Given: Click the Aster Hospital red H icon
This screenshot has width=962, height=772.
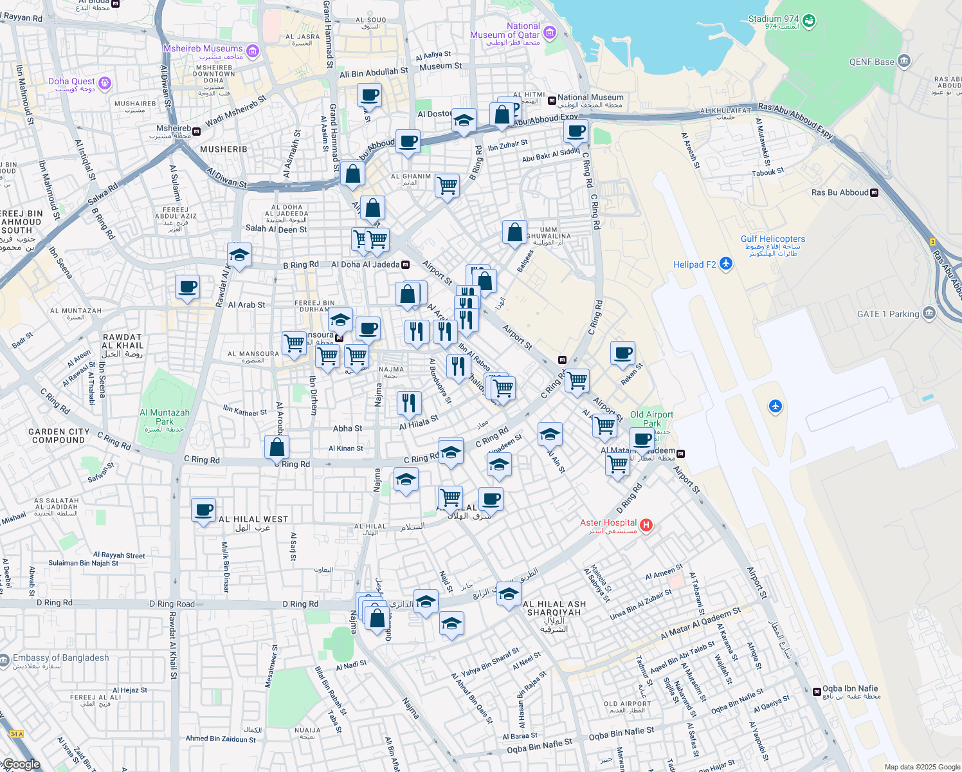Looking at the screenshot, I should pyautogui.click(x=646, y=526).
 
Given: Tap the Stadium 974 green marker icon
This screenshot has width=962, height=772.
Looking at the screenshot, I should pyautogui.click(x=809, y=21).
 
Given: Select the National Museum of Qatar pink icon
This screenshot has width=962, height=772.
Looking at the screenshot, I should pyautogui.click(x=549, y=32).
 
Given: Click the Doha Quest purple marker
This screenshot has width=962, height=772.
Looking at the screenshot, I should pyautogui.click(x=105, y=83).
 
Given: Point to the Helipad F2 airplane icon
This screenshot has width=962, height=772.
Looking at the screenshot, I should pyautogui.click(x=726, y=264).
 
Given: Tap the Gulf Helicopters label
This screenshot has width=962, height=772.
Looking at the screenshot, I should pyautogui.click(x=772, y=239).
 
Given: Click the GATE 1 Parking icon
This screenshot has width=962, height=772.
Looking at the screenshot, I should pyautogui.click(x=929, y=313).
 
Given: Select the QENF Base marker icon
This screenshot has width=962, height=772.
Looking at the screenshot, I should pyautogui.click(x=904, y=61).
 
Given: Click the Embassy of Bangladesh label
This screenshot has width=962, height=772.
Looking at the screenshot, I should pyautogui.click(x=61, y=657).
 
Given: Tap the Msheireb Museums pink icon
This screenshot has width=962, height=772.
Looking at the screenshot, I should pyautogui.click(x=253, y=51).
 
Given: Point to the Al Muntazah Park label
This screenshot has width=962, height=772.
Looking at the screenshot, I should pyautogui.click(x=165, y=417).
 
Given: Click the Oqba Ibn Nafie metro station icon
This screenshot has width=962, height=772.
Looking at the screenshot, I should pyautogui.click(x=817, y=692).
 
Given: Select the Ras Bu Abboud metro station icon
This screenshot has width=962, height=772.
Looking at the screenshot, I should pyautogui.click(x=874, y=192).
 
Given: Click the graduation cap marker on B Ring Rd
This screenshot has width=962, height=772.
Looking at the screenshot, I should pyautogui.click(x=239, y=255).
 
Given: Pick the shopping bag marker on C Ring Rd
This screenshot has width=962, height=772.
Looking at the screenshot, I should pyautogui.click(x=277, y=448).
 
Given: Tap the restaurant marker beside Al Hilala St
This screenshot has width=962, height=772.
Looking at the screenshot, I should pyautogui.click(x=409, y=403).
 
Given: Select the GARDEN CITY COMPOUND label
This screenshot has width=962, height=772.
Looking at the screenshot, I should pyautogui.click(x=59, y=436).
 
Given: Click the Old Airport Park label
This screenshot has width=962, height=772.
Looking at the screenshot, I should pyautogui.click(x=651, y=419).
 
